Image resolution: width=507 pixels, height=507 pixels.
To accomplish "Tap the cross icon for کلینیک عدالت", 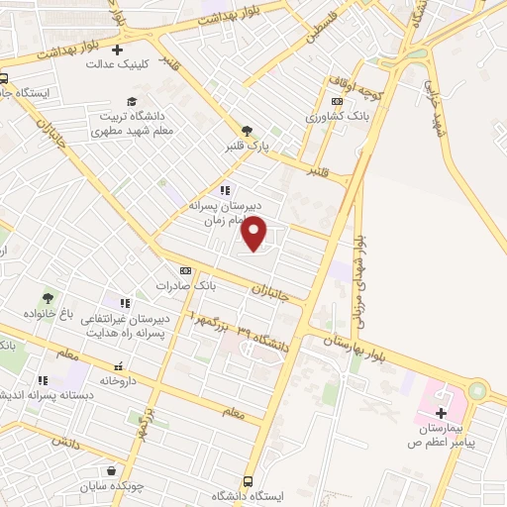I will [x=118, y=49].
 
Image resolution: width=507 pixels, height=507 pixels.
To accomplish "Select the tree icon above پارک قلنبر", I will [x=247, y=130].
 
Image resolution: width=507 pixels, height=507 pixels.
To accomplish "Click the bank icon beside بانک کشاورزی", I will [x=338, y=101].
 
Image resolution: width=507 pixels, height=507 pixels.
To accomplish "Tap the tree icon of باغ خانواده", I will [x=48, y=297].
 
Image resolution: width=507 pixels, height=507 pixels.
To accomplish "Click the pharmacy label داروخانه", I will [x=118, y=380].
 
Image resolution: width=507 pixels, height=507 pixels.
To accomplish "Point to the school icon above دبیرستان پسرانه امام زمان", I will [x=225, y=190].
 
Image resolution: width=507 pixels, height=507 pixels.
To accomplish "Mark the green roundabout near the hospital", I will [x=477, y=392].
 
